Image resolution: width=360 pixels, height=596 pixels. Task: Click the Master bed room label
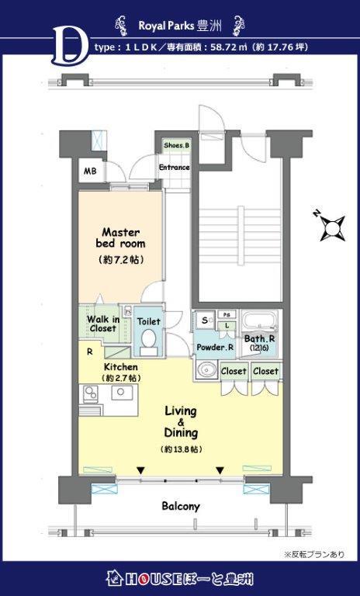(120, 237)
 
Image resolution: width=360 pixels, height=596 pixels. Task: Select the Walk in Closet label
(103, 324)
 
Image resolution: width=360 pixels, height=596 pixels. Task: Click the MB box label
(90, 171)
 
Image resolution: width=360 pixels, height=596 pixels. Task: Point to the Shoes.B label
(177, 145)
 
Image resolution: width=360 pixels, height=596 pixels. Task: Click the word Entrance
(174, 168)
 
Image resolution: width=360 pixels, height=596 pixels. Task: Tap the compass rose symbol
(332, 227)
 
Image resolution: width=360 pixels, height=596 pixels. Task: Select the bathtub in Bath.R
(261, 321)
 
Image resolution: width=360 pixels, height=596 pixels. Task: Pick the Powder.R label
(215, 348)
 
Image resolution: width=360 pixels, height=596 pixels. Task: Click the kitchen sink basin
(121, 392)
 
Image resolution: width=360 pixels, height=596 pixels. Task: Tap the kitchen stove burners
(90, 393)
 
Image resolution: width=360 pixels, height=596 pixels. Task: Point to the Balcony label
(181, 506)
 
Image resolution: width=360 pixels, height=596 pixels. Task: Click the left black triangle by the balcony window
(141, 470)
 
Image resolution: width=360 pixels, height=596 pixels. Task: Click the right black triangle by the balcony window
(220, 470)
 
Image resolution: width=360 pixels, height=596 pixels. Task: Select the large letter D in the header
(68, 45)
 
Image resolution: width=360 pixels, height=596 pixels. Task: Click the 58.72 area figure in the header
(220, 47)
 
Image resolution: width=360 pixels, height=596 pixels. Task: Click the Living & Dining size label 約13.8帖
(181, 449)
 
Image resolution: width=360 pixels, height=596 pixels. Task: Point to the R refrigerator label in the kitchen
(90, 352)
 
